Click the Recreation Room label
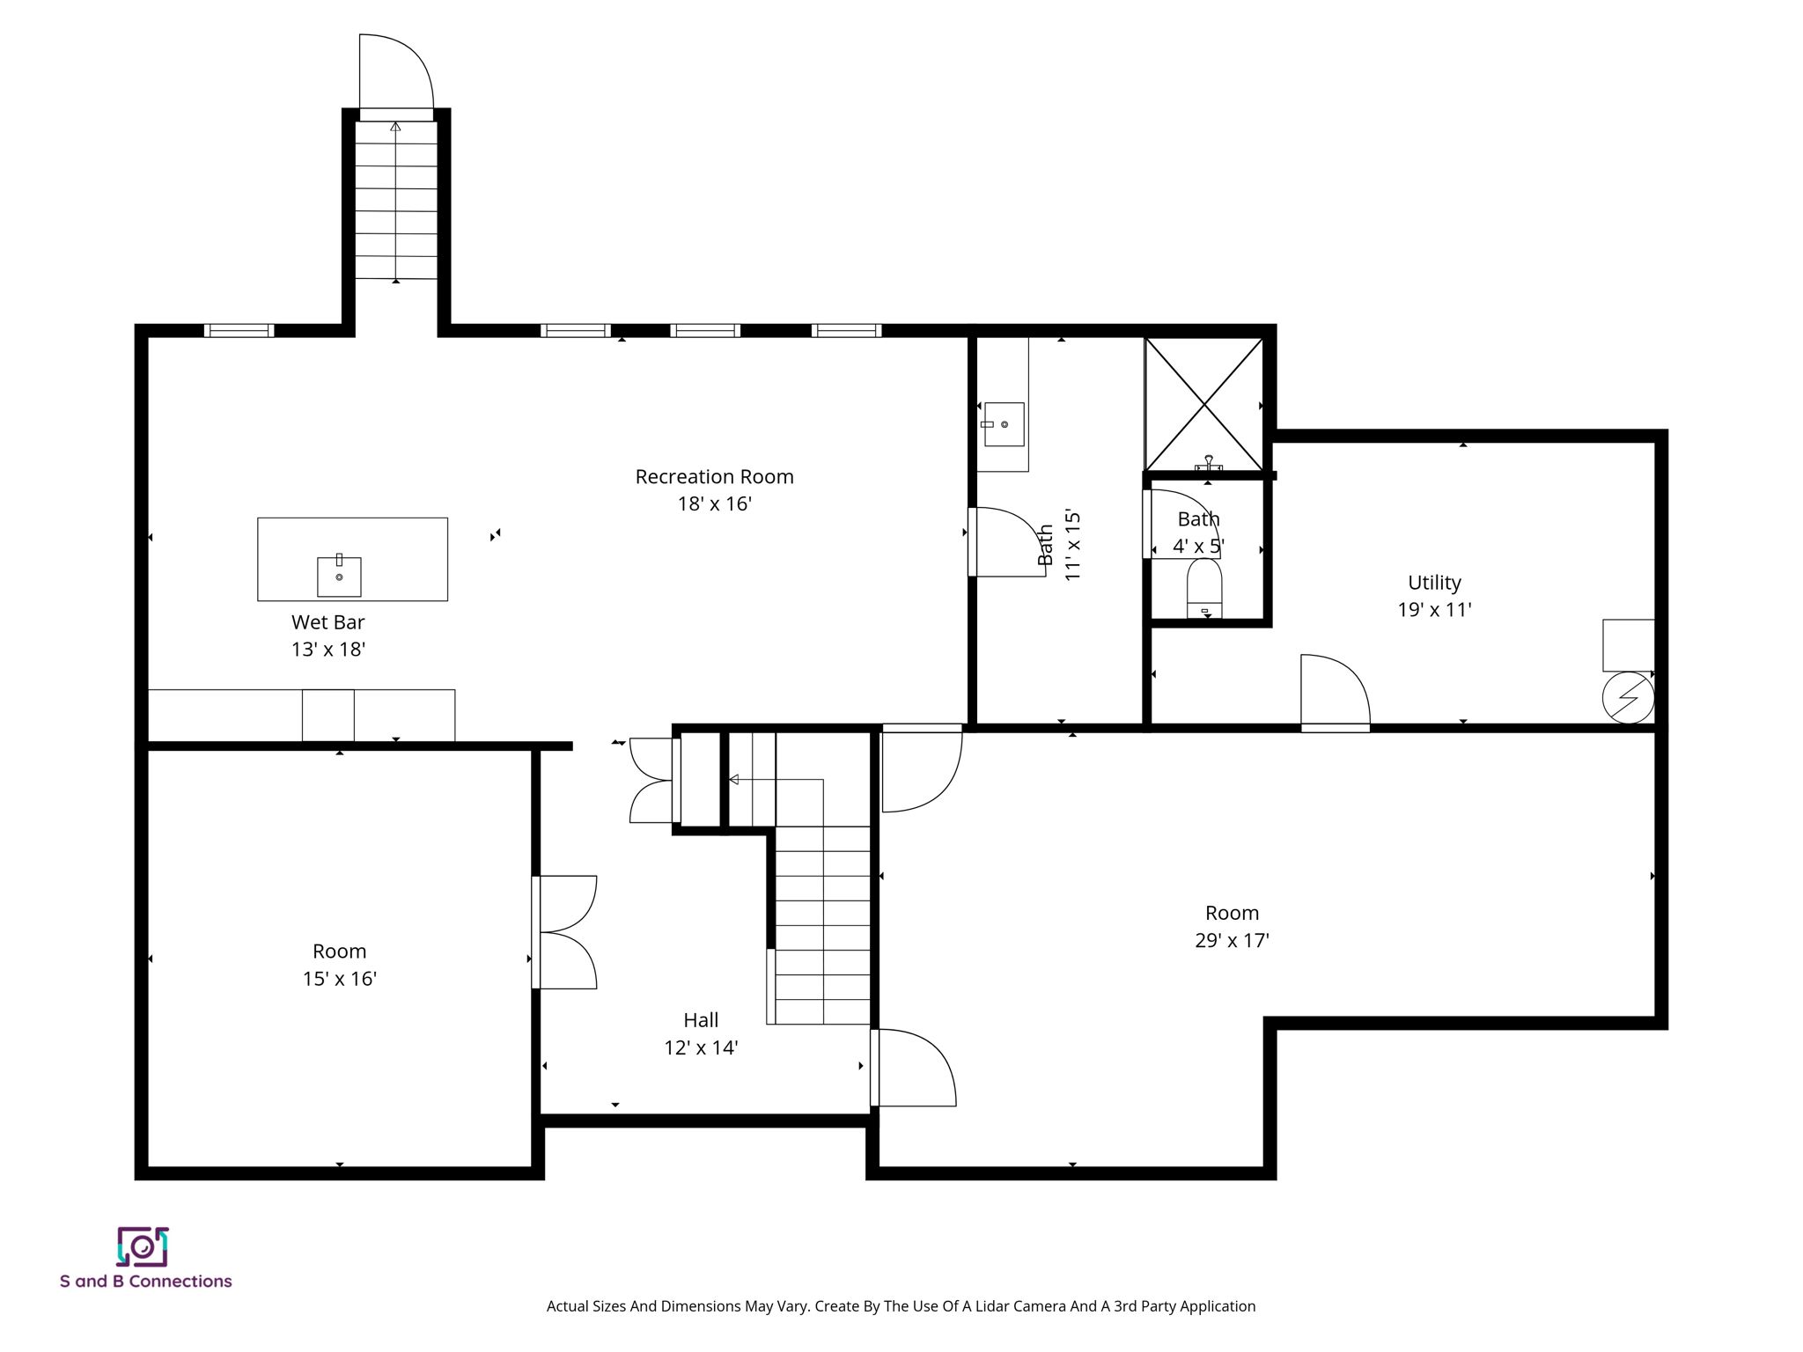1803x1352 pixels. click(714, 477)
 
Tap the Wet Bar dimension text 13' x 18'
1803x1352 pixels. click(327, 650)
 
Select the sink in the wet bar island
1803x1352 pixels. click(339, 577)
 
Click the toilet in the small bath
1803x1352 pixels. click(1204, 588)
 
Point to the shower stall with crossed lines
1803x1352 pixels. click(1203, 405)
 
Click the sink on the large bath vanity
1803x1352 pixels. click(1004, 424)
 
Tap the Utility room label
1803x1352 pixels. click(1433, 583)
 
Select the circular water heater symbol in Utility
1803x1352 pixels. click(1628, 698)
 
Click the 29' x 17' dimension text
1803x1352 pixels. click(1231, 941)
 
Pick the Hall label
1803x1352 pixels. click(701, 1020)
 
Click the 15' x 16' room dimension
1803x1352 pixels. click(339, 979)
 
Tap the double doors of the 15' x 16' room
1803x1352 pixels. click(565, 932)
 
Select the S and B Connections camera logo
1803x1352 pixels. click(143, 1246)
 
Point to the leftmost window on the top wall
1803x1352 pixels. click(239, 331)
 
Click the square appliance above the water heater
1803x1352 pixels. click(1628, 645)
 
